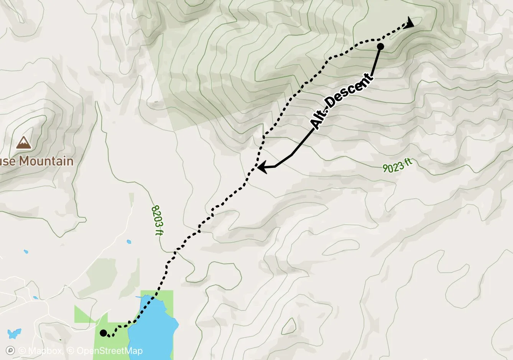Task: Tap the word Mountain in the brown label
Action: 46,161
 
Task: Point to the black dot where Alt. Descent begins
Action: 380,47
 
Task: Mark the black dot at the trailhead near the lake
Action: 103,333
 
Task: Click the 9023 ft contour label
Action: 397,166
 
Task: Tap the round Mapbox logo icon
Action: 11,350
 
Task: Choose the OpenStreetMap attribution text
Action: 110,351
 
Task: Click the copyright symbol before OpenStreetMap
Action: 71,351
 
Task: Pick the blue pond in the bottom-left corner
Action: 14,333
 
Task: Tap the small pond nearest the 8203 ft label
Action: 128,242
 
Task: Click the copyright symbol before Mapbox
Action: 22,351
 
